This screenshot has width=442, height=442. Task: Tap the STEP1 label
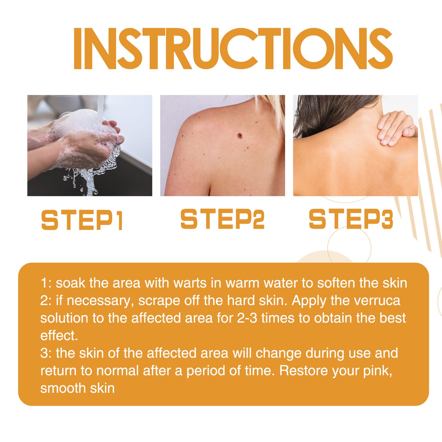click(82, 220)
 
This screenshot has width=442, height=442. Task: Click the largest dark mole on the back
click(240, 136)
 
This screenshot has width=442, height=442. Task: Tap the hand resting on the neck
click(395, 128)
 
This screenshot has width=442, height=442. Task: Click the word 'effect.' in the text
click(59, 336)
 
